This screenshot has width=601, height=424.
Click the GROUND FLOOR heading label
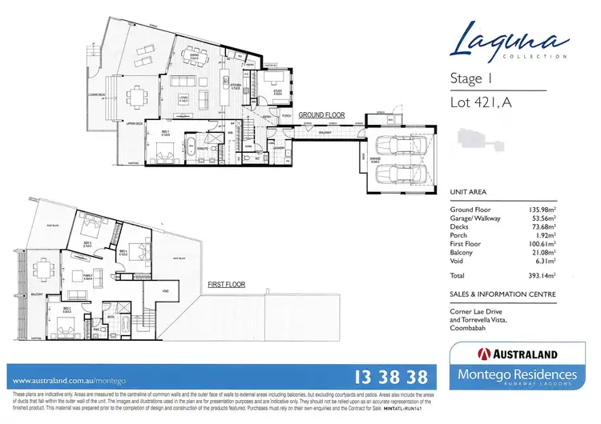(x=321, y=115)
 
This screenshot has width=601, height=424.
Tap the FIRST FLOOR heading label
(x=227, y=284)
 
